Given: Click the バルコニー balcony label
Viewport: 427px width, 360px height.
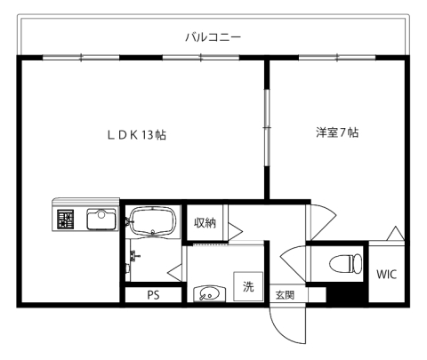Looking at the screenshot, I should click(213, 36).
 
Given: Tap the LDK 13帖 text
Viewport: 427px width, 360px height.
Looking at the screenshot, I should click(138, 135).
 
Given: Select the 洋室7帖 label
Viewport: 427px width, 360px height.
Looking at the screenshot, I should click(336, 133).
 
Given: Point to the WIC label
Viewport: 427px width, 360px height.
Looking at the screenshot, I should click(385, 274).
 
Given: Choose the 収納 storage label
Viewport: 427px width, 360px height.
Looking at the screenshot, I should click(205, 223).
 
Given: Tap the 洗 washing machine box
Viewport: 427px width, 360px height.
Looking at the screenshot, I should click(249, 286).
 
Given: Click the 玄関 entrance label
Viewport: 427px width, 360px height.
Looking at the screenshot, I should click(284, 295).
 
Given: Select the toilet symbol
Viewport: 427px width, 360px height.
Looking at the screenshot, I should click(344, 264).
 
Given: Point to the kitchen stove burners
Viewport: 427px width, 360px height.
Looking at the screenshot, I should click(66, 219).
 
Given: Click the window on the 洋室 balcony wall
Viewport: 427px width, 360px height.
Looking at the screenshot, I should click(336, 58).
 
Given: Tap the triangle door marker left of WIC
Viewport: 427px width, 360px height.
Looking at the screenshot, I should click(396, 234).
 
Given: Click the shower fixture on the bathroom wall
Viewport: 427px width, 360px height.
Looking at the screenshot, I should click(133, 260).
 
